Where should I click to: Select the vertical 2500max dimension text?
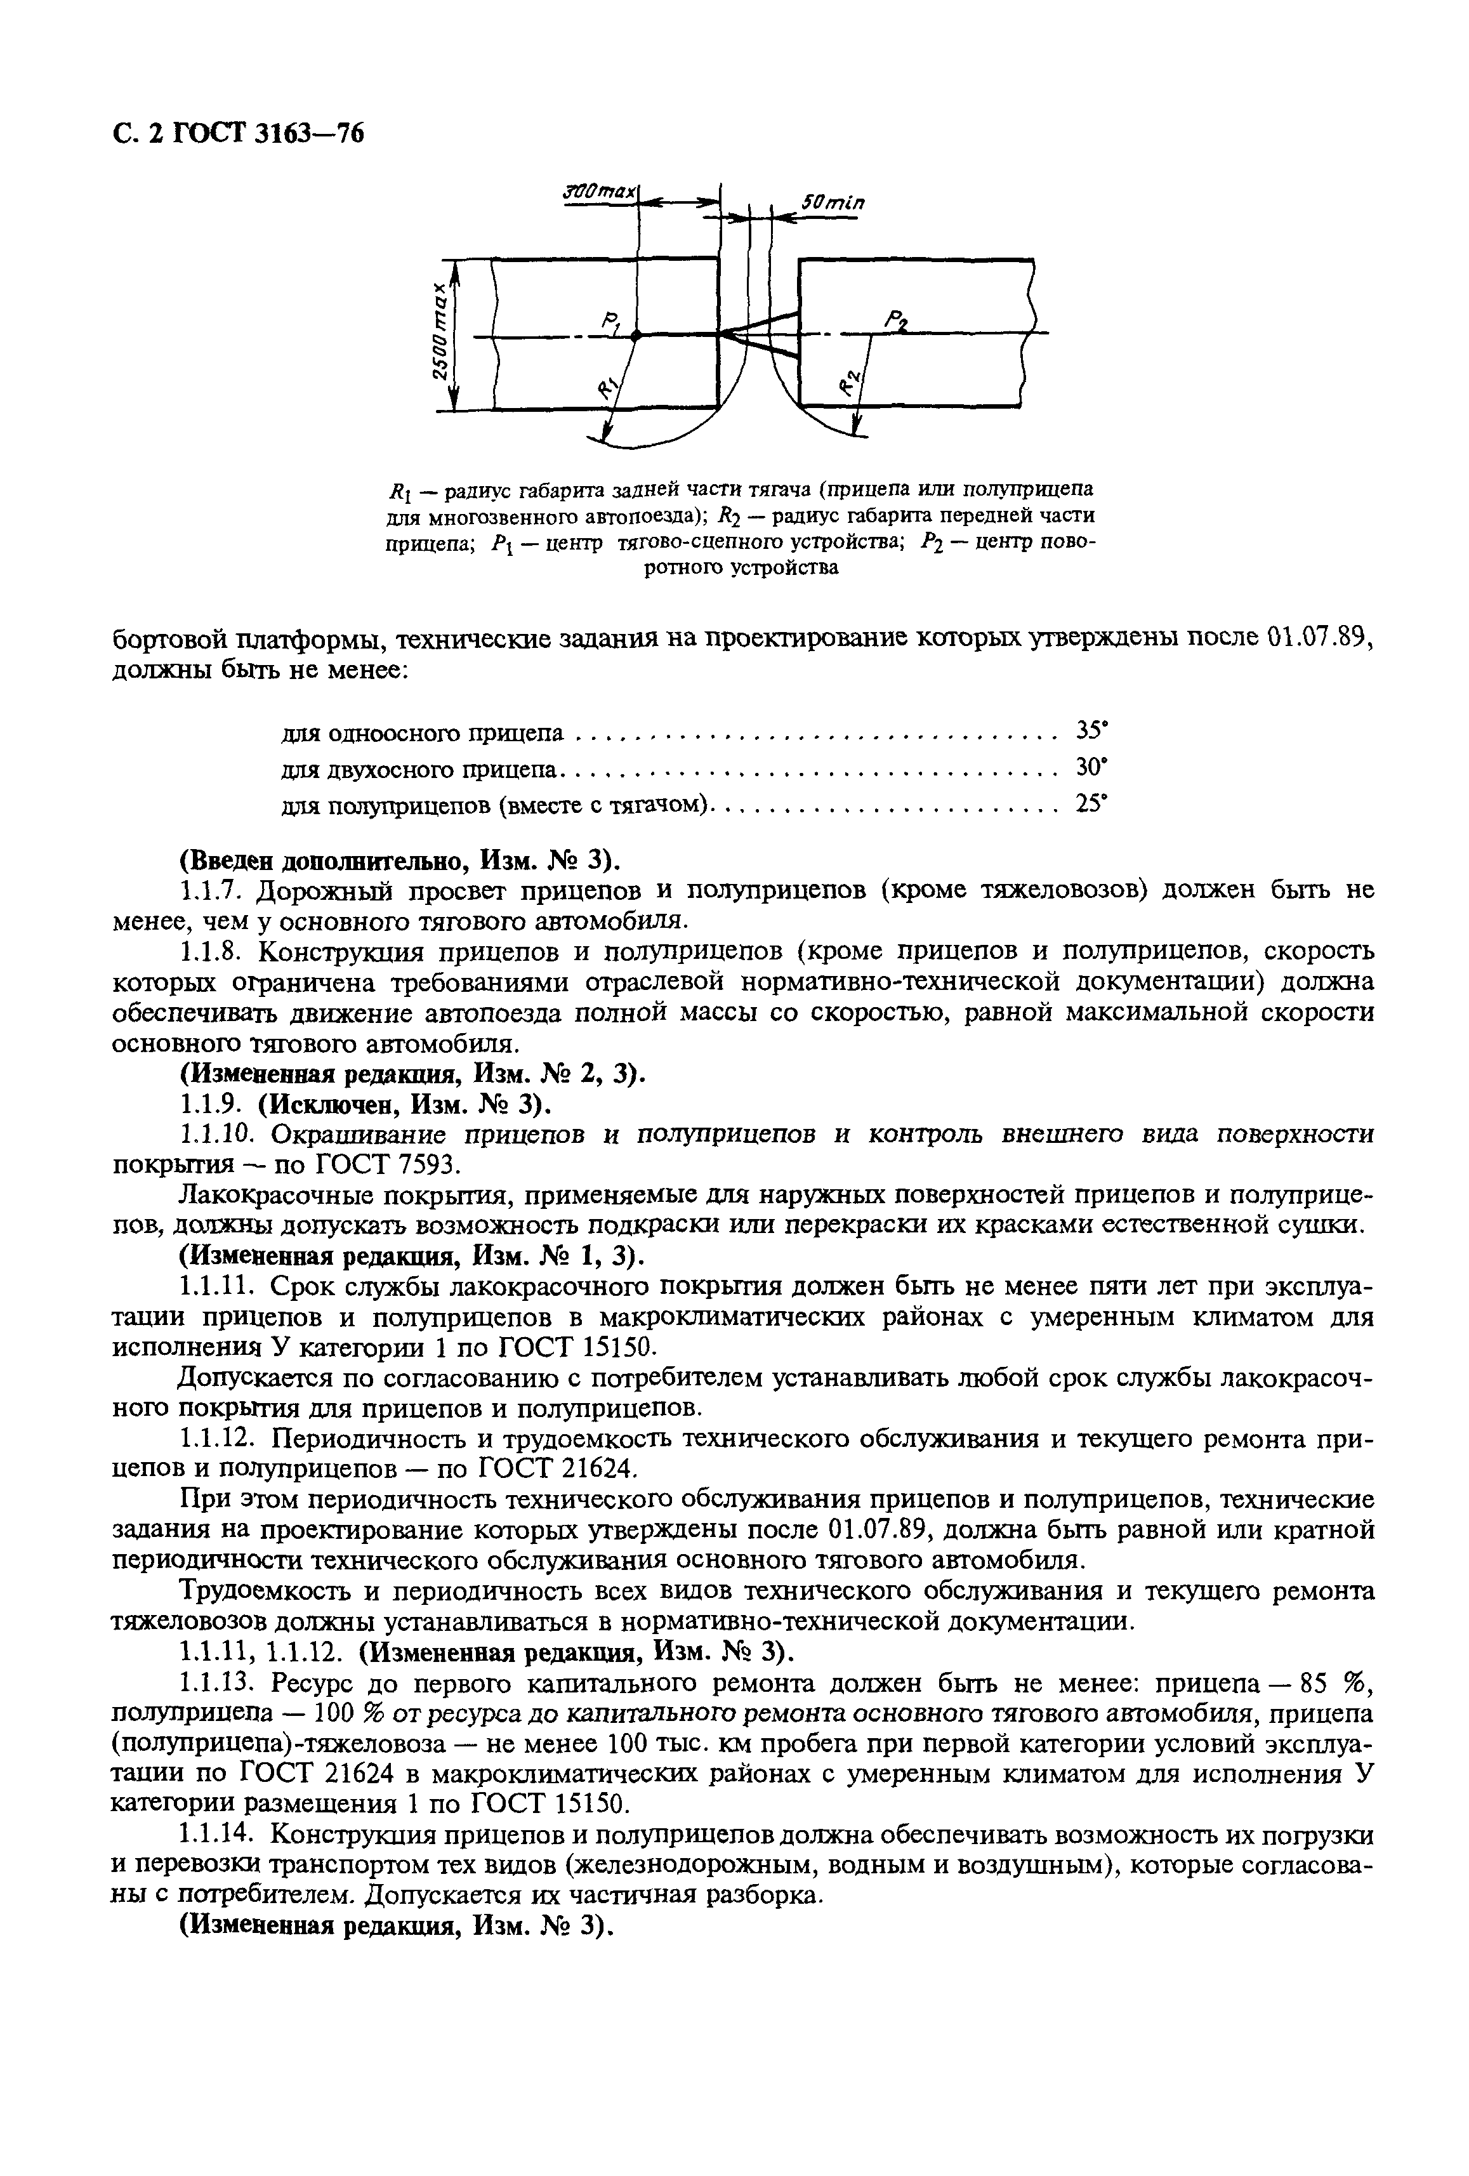440,334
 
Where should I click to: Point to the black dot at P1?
636,334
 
